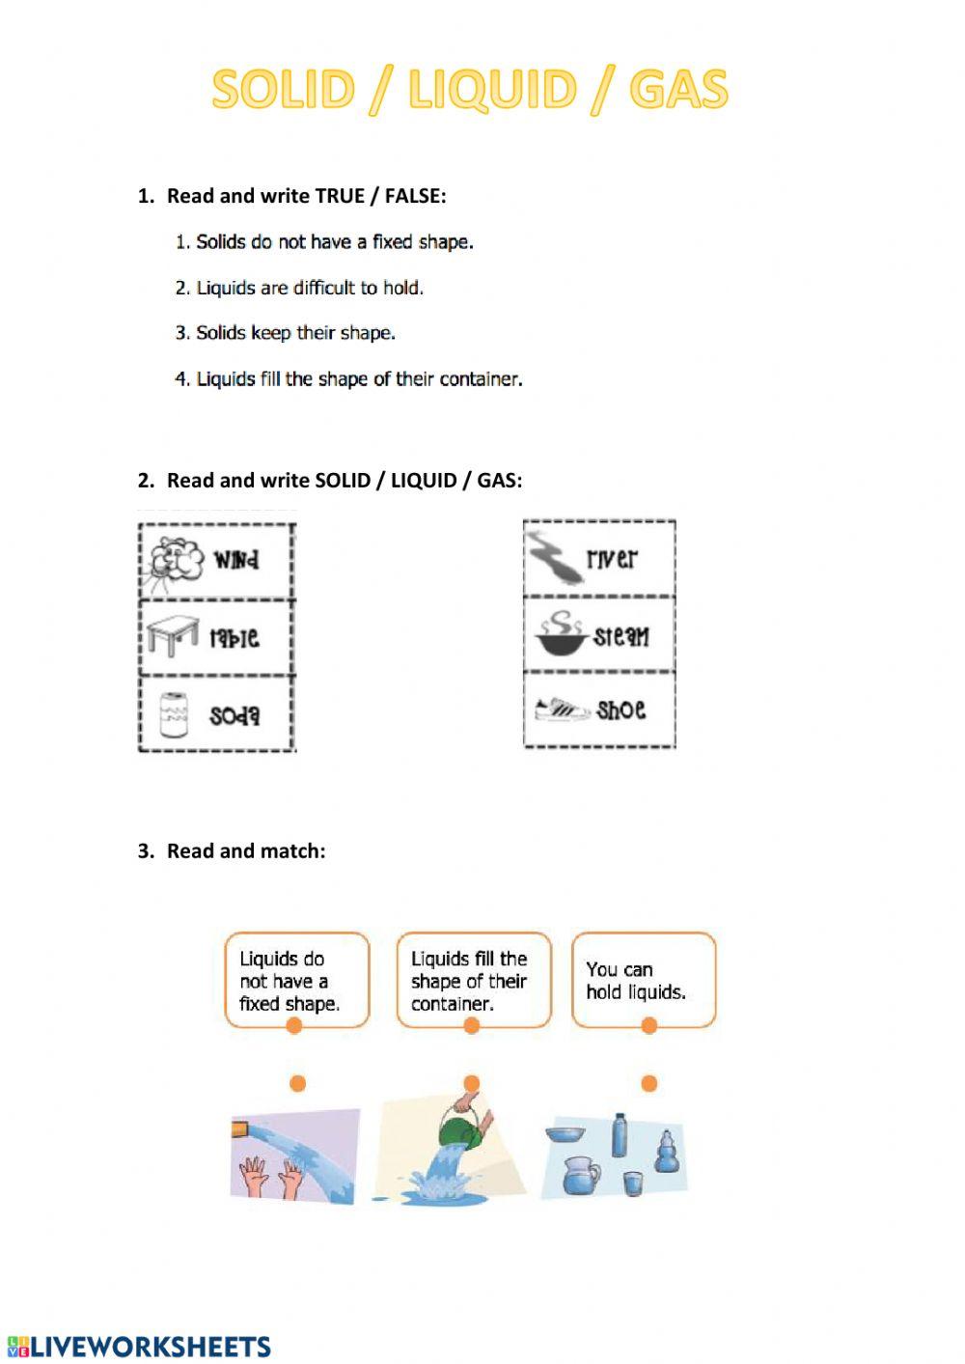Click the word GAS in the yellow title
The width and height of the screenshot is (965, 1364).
[x=677, y=90]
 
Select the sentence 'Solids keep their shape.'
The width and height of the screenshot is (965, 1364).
[x=295, y=333]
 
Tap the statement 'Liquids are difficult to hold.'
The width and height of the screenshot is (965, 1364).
[x=310, y=288]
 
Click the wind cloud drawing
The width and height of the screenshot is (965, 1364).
[x=176, y=561]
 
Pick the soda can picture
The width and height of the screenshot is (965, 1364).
[x=174, y=715]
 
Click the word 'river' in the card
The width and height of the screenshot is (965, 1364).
[x=612, y=558]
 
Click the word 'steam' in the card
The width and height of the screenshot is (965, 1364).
[x=621, y=635]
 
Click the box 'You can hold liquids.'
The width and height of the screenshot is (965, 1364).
[x=644, y=980]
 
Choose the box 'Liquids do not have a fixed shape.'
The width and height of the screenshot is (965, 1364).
[x=296, y=980]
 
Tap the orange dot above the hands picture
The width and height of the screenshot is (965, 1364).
[x=297, y=1083]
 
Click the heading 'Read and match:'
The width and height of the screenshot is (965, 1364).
[x=245, y=850]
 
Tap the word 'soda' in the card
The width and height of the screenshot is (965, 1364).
[x=234, y=715]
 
